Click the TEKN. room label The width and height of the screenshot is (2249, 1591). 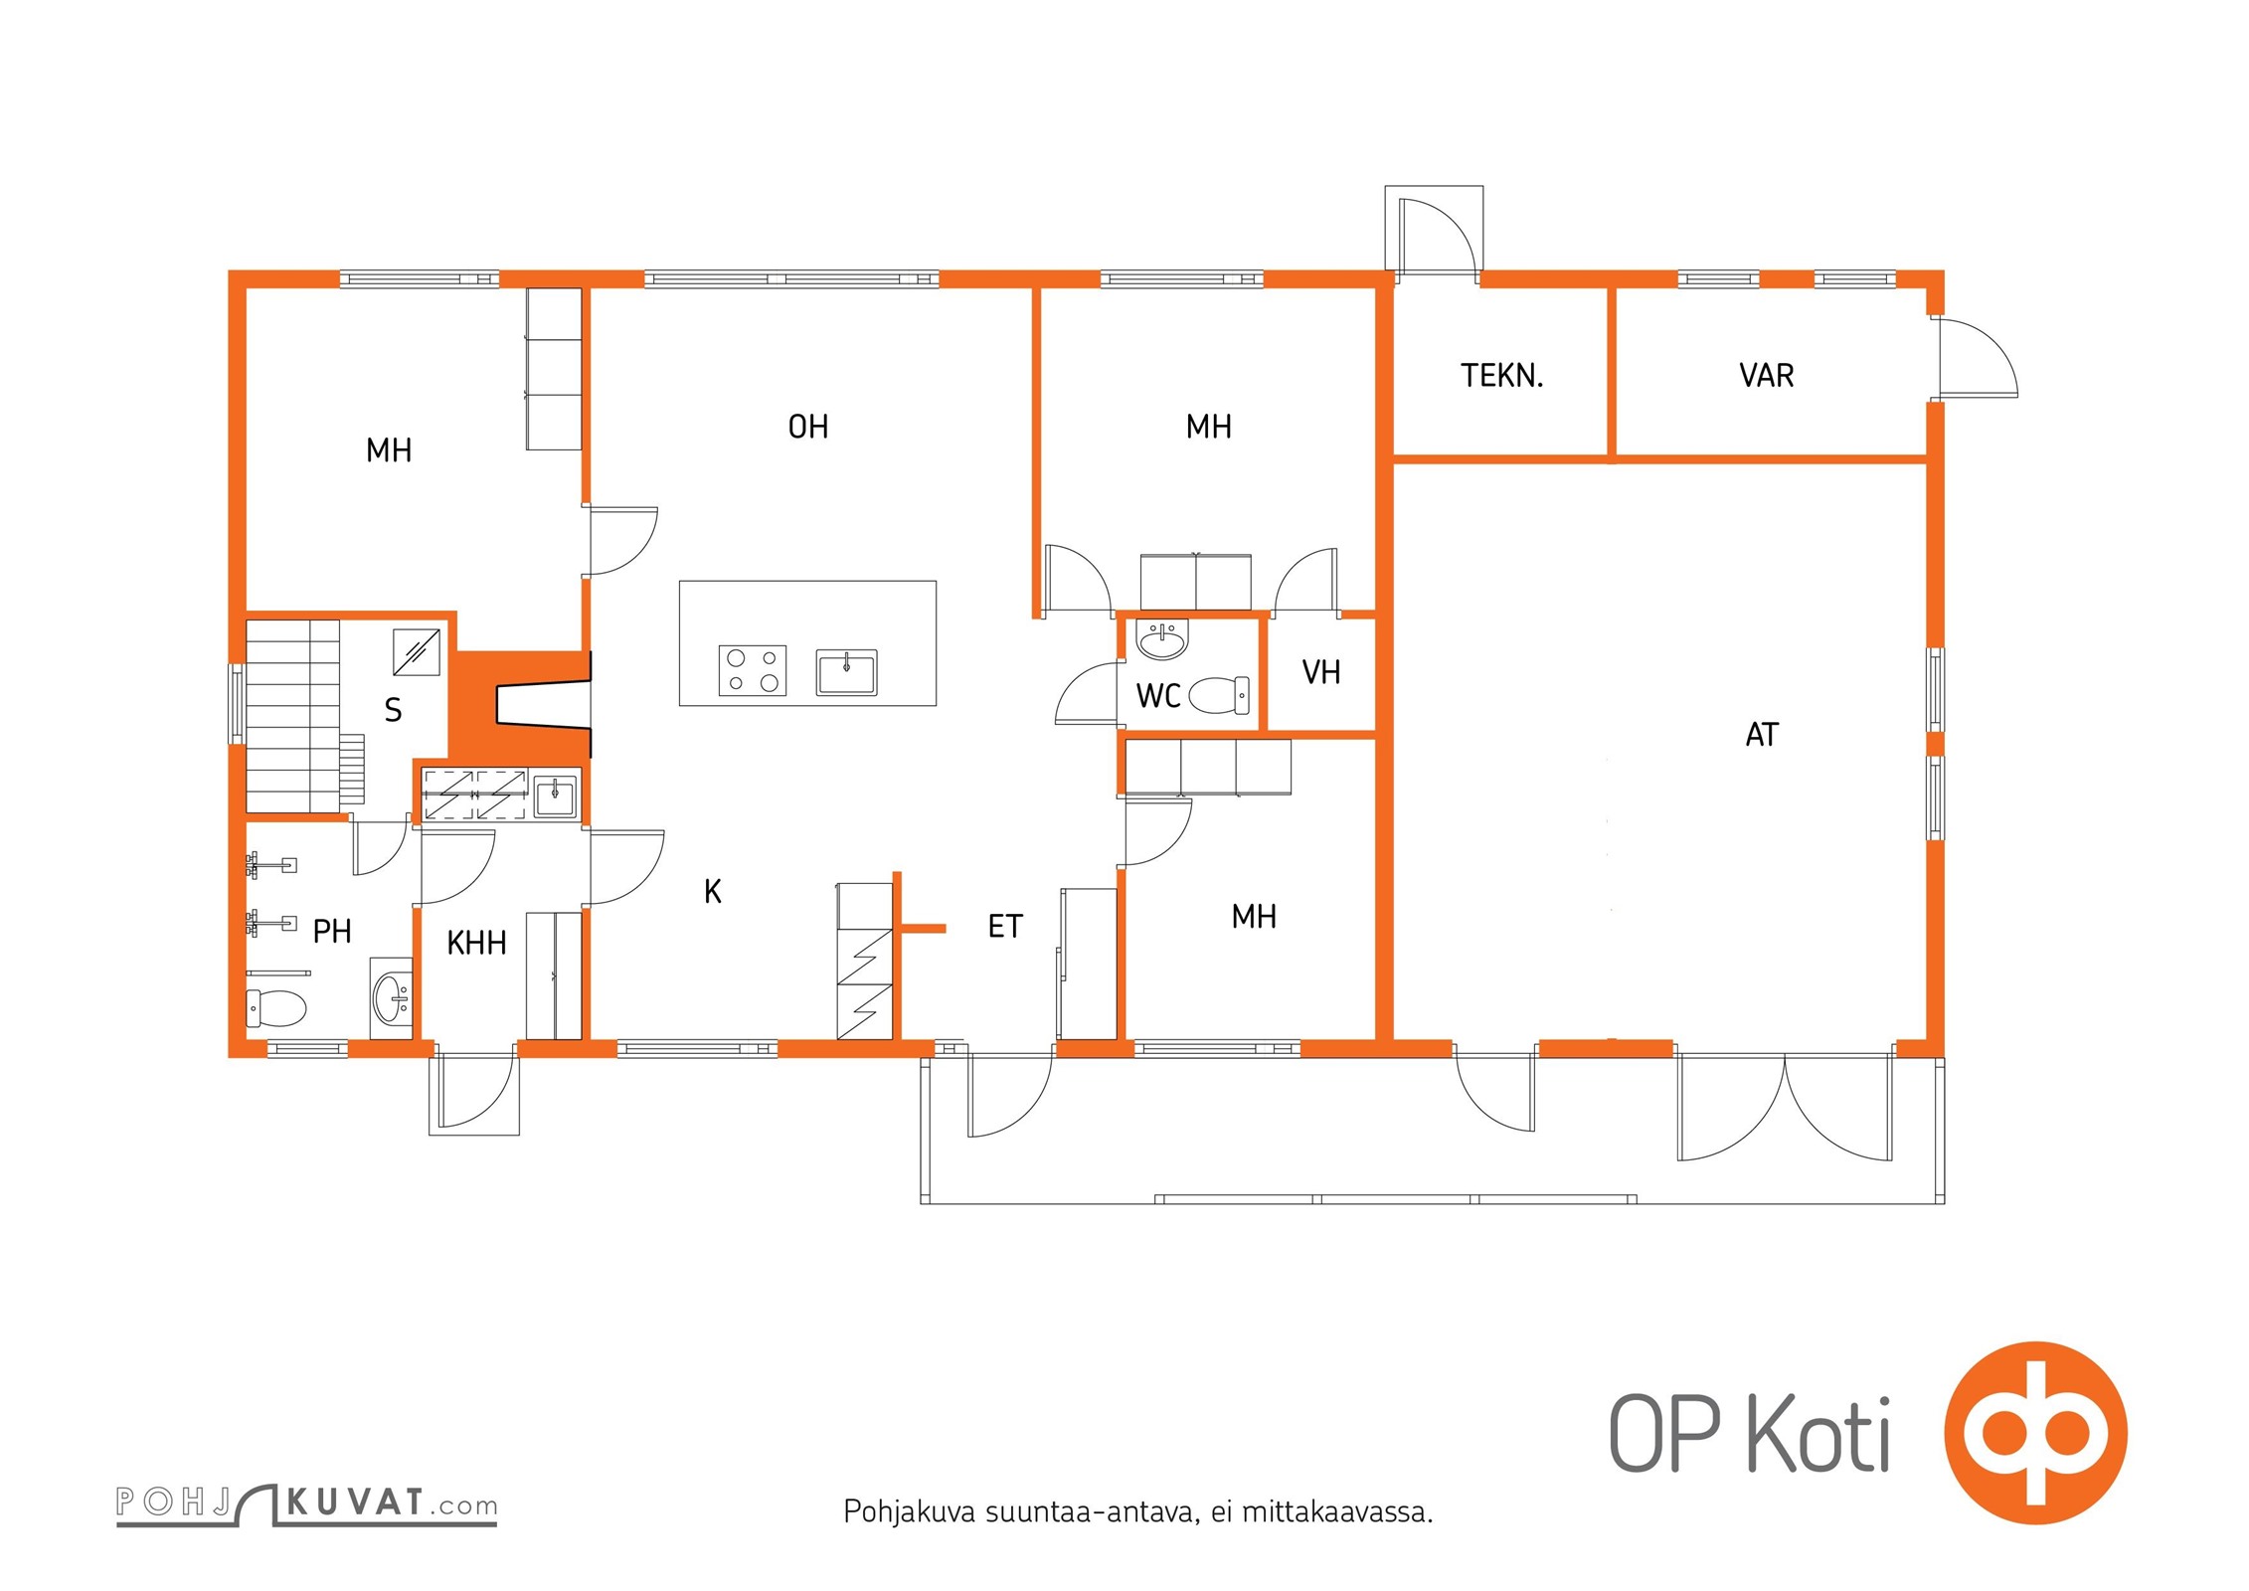1501,376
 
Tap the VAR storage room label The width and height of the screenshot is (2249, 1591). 1766,376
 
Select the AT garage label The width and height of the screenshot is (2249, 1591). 1762,735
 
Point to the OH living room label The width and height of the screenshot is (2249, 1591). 807,427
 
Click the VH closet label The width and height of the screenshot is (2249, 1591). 1321,672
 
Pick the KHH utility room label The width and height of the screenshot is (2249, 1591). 476,943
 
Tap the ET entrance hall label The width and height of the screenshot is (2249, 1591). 1004,927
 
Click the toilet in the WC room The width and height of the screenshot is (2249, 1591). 1219,695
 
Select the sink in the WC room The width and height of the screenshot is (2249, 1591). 1162,639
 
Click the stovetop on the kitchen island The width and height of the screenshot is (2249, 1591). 753,670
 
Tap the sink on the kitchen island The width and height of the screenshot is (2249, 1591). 846,672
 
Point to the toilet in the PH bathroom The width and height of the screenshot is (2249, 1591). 275,1008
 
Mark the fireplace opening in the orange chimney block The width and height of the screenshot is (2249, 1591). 543,705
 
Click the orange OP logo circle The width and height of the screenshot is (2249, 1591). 2035,1433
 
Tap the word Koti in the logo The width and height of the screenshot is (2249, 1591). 1818,1434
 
